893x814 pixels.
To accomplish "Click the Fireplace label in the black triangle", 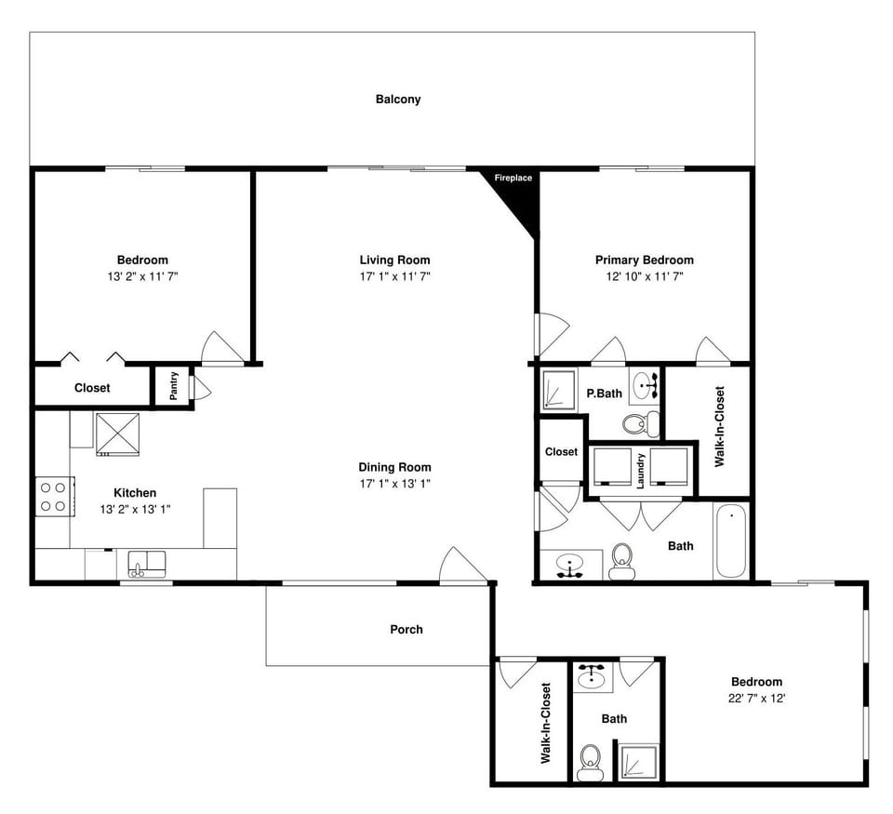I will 513,178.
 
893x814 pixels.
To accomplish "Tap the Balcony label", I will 398,99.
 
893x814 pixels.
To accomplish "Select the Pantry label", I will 174,387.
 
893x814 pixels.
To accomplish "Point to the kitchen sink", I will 146,562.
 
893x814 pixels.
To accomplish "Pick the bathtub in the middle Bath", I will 731,541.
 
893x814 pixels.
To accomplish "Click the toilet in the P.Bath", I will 636,425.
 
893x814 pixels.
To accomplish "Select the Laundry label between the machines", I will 641,471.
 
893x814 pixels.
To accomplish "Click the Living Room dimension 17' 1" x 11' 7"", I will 395,276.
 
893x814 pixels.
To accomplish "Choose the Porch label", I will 406,630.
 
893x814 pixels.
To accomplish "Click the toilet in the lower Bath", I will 590,764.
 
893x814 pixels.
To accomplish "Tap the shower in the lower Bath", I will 639,761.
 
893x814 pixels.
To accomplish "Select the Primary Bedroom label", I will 644,260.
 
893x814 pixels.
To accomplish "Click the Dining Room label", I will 395,467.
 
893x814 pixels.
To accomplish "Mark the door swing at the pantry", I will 201,388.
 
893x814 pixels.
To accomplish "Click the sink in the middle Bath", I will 568,564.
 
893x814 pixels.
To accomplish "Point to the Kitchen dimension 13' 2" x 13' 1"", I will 135,509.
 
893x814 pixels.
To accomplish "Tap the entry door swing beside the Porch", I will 462,566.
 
